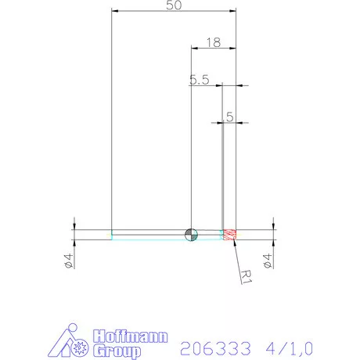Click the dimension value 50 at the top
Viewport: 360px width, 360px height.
click(175, 5)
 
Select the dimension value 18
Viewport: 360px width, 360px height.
click(213, 41)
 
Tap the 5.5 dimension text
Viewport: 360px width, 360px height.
click(199, 79)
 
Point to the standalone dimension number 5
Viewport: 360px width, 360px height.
click(229, 116)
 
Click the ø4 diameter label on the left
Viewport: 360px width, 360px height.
click(68, 261)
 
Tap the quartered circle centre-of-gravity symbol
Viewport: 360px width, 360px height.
click(192, 234)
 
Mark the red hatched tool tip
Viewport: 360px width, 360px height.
click(230, 234)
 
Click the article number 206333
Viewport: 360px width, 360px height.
click(208, 346)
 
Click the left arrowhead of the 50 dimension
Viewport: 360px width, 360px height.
click(115, 12)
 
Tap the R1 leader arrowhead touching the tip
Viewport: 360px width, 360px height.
click(234, 243)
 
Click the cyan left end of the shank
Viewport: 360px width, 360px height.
click(113, 234)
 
